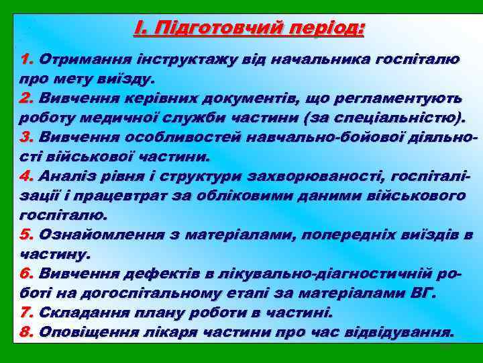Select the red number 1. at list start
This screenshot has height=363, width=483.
pos(28,58)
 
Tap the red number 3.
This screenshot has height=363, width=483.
pos(28,137)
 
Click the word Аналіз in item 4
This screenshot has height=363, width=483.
pos(62,177)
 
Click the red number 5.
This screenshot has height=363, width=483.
pos(28,235)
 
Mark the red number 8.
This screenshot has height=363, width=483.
pos(28,333)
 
